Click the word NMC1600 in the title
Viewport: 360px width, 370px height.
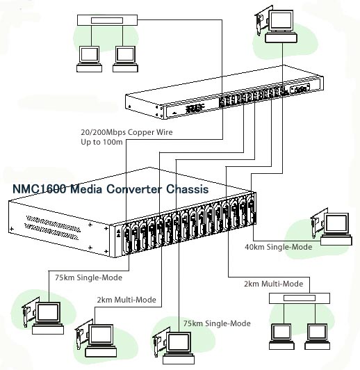click(39, 189)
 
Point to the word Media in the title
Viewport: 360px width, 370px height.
click(85, 189)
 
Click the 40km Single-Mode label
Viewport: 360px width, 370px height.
click(279, 247)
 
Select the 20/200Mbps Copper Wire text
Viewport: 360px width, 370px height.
click(126, 132)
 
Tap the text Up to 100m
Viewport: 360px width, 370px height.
click(101, 142)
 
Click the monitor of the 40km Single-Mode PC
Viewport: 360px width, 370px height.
click(336, 224)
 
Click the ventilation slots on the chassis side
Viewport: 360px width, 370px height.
click(53, 227)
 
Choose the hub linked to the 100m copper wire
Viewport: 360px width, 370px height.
click(107, 20)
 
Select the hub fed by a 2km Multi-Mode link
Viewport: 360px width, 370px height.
click(300, 298)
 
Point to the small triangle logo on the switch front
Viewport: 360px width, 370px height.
click(174, 113)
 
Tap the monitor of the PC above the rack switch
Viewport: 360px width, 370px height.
click(281, 21)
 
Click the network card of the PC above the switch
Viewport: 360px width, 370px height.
click(262, 21)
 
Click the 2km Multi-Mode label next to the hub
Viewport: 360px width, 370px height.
click(274, 284)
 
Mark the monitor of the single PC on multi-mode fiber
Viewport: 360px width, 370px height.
click(101, 335)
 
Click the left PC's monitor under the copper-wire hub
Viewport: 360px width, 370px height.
click(89, 54)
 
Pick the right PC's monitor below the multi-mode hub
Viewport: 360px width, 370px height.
click(317, 332)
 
